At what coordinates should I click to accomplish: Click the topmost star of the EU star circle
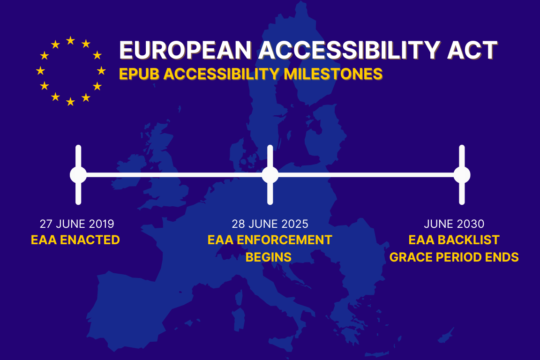[70, 41]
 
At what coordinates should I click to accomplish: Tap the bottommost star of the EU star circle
[70, 102]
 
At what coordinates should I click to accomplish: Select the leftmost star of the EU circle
[40, 71]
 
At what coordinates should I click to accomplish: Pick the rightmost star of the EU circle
[101, 71]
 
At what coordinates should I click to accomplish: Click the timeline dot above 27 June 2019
[78, 175]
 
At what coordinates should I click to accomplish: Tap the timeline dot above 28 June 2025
[270, 175]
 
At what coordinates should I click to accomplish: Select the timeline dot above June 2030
[462, 175]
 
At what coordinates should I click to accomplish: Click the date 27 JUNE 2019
[76, 224]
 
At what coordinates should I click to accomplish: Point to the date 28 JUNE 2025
[270, 224]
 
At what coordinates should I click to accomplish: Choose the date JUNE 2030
[454, 224]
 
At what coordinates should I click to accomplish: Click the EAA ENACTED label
[75, 240]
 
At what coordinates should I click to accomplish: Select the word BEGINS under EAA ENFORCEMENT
[269, 257]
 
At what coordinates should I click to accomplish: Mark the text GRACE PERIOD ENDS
[454, 257]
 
